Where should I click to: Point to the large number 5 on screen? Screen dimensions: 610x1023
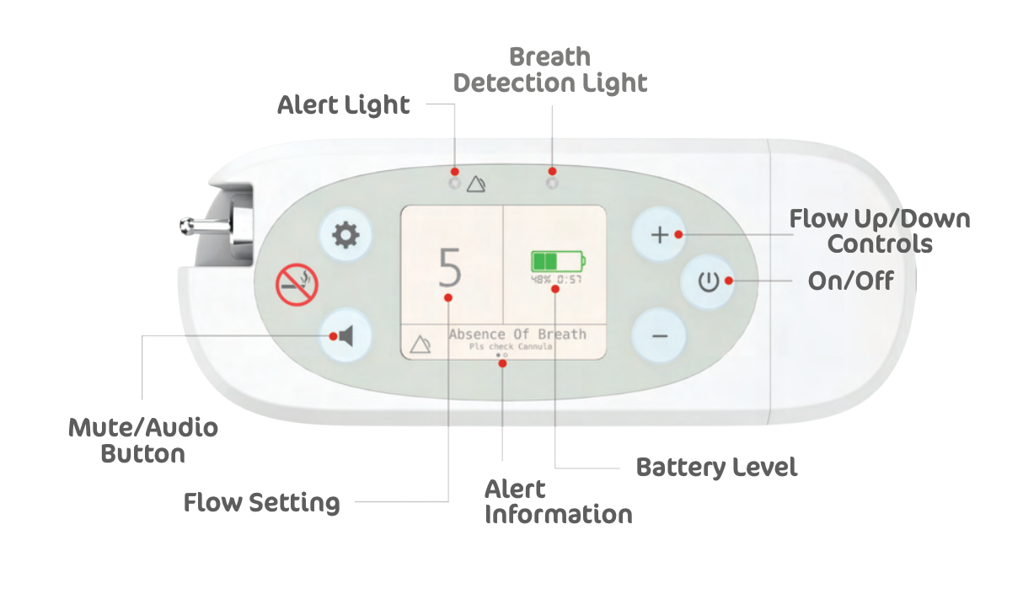pyautogui.click(x=451, y=268)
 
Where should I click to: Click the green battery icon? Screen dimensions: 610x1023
pyautogui.click(x=557, y=260)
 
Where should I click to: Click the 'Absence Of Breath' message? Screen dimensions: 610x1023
pyautogui.click(x=517, y=334)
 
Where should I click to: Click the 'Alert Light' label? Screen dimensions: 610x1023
pyautogui.click(x=344, y=106)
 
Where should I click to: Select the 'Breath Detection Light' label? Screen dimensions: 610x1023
pyautogui.click(x=550, y=71)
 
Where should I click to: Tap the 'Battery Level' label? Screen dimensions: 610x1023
pyautogui.click(x=716, y=467)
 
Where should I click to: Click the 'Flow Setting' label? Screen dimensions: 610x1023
pyautogui.click(x=262, y=503)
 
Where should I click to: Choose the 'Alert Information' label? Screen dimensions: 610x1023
pyautogui.click(x=558, y=502)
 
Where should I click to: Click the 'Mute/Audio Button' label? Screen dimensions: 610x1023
pyautogui.click(x=143, y=441)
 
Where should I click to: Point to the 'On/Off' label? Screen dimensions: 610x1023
pyautogui.click(x=850, y=281)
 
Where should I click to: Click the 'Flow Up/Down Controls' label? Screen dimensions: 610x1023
pyautogui.click(x=880, y=232)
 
